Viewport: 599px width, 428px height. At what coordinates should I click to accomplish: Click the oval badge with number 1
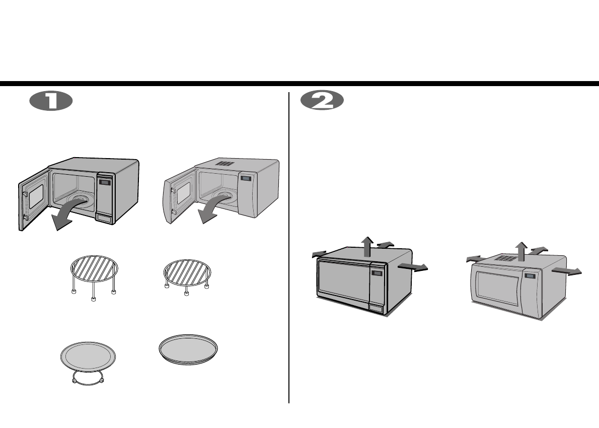(x=51, y=102)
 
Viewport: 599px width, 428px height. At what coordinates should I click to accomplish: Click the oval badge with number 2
(x=322, y=102)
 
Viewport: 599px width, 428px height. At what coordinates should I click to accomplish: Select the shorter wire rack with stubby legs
(x=187, y=272)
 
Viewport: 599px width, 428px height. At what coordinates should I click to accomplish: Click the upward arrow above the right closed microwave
(x=521, y=250)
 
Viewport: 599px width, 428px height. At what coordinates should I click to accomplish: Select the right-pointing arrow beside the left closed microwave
(x=413, y=268)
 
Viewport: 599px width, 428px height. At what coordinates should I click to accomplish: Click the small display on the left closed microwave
(x=376, y=273)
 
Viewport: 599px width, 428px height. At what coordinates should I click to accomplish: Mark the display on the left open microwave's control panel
(x=105, y=182)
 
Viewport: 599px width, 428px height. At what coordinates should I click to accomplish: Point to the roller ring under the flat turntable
(x=89, y=379)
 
